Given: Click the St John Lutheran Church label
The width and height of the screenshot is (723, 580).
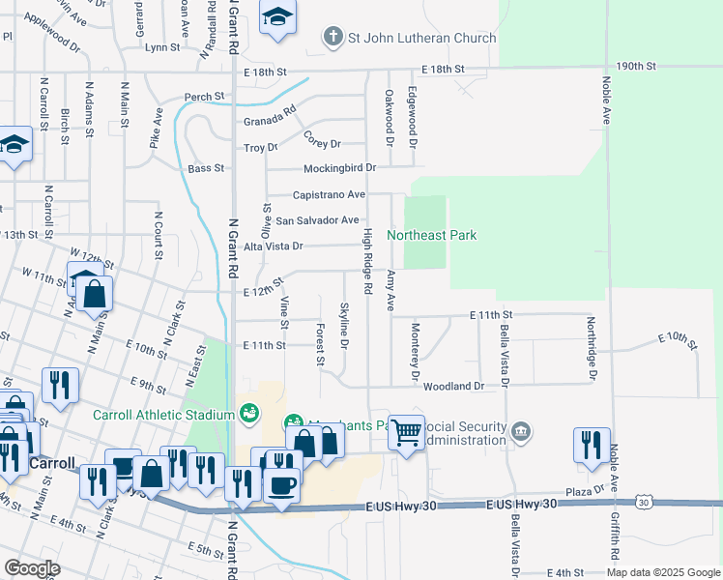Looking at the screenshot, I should tap(422, 38).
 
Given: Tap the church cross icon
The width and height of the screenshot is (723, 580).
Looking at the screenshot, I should tap(333, 38).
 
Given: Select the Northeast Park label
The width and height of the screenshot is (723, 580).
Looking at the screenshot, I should tap(432, 235).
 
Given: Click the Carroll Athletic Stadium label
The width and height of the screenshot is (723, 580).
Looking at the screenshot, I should tap(163, 415).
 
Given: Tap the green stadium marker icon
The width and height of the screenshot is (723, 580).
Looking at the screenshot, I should tap(249, 414).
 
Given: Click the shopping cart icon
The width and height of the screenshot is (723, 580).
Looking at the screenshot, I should tap(407, 431).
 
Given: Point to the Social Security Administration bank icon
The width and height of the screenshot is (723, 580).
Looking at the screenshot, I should tap(521, 430).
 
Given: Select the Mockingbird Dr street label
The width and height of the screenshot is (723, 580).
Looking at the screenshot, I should tap(338, 167).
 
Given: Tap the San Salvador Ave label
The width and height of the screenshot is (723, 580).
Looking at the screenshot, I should tap(317, 220).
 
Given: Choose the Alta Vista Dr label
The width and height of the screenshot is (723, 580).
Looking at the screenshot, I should tap(274, 246).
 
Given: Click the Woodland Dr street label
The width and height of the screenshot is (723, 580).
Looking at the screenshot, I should tap(453, 386).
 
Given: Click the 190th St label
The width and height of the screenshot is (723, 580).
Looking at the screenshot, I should tap(635, 67).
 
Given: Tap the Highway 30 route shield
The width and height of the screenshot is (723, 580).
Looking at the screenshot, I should tap(644, 503).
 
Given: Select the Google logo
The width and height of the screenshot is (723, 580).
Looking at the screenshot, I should tap(32, 568).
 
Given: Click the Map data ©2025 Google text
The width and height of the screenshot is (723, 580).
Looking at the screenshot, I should tap(662, 572).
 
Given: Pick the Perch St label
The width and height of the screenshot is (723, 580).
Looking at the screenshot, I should tap(205, 97).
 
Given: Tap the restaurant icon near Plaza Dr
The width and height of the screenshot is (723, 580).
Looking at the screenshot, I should tap(591, 443).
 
